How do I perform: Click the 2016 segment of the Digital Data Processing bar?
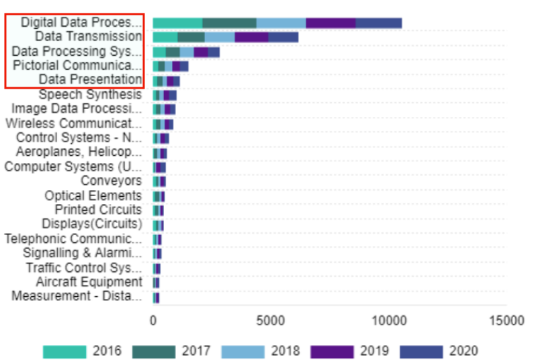pyautogui.click(x=177, y=23)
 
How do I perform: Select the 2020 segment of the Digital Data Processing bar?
pyautogui.click(x=378, y=23)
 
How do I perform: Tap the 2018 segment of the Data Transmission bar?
pyautogui.click(x=220, y=37)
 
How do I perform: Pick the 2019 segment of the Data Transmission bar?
pyautogui.click(x=251, y=37)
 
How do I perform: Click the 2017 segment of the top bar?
pyautogui.click(x=229, y=23)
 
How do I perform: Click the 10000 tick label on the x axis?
pyautogui.click(x=388, y=320)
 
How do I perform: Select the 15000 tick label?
pyautogui.click(x=506, y=320)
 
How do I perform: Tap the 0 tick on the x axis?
pyautogui.click(x=153, y=320)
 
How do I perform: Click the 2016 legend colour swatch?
pyautogui.click(x=64, y=351)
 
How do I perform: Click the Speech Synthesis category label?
pyautogui.click(x=90, y=95)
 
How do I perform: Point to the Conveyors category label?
pyautogui.click(x=112, y=181)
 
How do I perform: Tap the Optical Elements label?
pyautogui.click(x=93, y=195)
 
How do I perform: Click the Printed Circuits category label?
pyautogui.click(x=98, y=210)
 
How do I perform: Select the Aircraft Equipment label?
pyautogui.click(x=89, y=281)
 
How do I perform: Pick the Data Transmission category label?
pyautogui.click(x=89, y=36)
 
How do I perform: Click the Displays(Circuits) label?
pyautogui.click(x=92, y=224)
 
